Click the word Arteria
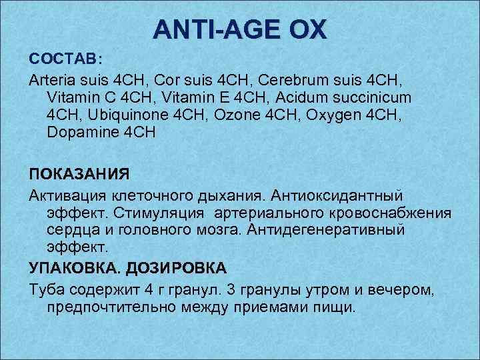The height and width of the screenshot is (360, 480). click(53, 80)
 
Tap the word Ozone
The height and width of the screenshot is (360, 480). click(233, 115)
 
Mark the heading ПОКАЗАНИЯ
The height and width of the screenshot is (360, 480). click(79, 175)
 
